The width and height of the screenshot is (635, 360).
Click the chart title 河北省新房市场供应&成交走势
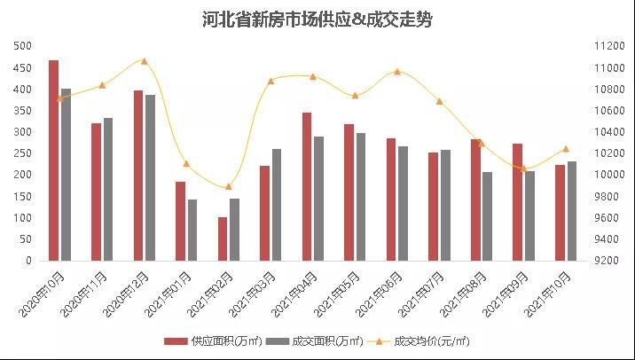click(317, 20)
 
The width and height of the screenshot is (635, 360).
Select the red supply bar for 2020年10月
click(54, 160)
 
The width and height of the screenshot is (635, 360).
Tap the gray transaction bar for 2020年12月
click(151, 177)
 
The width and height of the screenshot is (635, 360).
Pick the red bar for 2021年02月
click(223, 239)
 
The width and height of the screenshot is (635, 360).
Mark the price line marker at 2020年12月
click(144, 61)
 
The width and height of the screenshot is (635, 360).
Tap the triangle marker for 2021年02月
click(228, 186)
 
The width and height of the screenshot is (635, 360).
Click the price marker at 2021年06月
click(396, 72)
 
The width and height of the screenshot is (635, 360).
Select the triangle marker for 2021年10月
click(565, 149)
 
